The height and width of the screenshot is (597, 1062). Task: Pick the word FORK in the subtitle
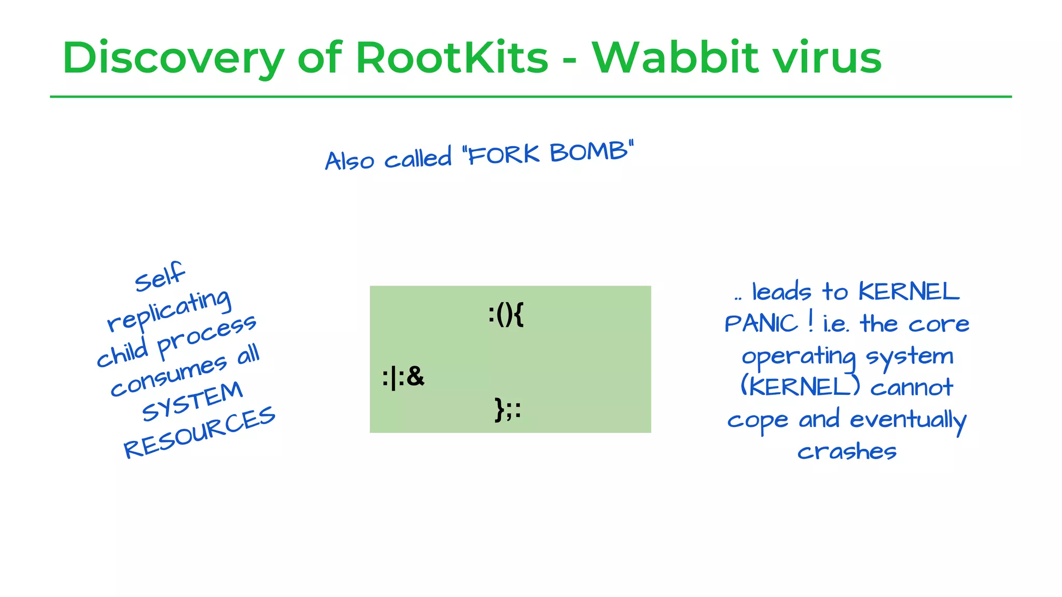(504, 154)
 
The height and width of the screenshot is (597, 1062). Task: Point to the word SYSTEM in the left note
(192, 401)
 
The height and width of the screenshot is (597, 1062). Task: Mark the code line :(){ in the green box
(506, 315)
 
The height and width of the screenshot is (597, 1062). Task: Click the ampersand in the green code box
(416, 376)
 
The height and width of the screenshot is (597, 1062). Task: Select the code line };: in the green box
(508, 409)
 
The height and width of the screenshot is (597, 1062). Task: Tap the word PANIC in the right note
(761, 324)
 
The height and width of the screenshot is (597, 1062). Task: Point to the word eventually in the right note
(908, 420)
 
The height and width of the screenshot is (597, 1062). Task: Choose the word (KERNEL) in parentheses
(800, 387)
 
